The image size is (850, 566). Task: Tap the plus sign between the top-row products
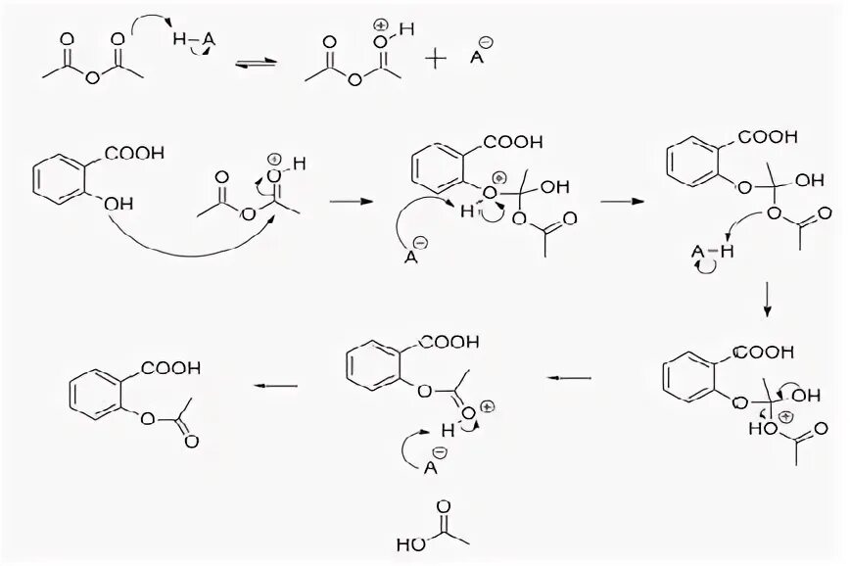(435, 58)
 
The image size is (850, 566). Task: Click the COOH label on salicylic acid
(134, 153)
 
